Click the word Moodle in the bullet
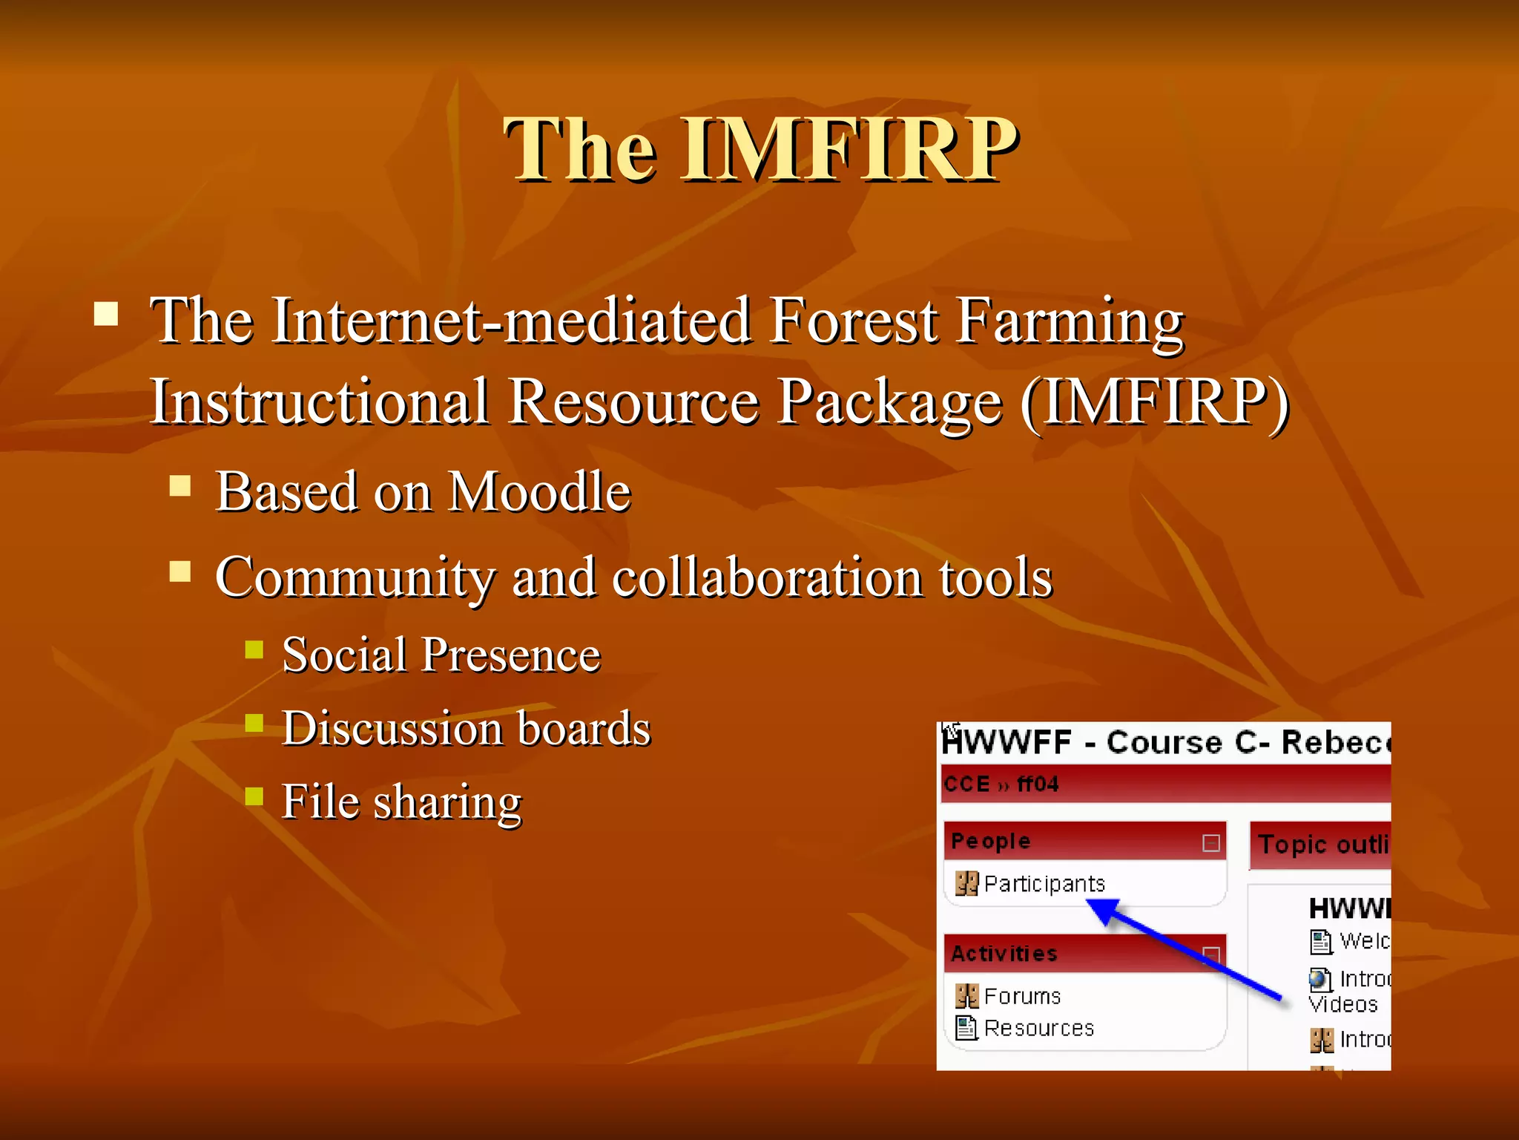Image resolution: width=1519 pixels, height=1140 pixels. coord(540,492)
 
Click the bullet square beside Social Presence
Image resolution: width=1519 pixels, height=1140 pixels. coord(254,650)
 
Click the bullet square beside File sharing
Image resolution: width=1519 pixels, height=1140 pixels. coord(254,797)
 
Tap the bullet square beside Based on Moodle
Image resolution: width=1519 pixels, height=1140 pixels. coord(180,486)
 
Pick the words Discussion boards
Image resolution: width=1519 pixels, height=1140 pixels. coord(466,728)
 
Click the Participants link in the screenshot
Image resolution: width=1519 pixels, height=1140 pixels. coord(1044,884)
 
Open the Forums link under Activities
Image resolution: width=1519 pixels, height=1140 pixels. coord(1022,996)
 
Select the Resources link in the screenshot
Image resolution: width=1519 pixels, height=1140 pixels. coord(1038,1029)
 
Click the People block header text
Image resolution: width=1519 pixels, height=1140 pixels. coord(990,842)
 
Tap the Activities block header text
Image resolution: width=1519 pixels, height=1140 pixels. coord(1004,954)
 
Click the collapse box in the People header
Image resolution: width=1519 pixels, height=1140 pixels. coord(1210,843)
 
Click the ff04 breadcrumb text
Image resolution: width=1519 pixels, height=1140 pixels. coord(1037,784)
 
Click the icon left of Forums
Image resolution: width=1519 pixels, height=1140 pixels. coord(966,996)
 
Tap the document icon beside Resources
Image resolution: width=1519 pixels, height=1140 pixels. coord(966,1029)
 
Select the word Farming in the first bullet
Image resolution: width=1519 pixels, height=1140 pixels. coord(1069,321)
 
